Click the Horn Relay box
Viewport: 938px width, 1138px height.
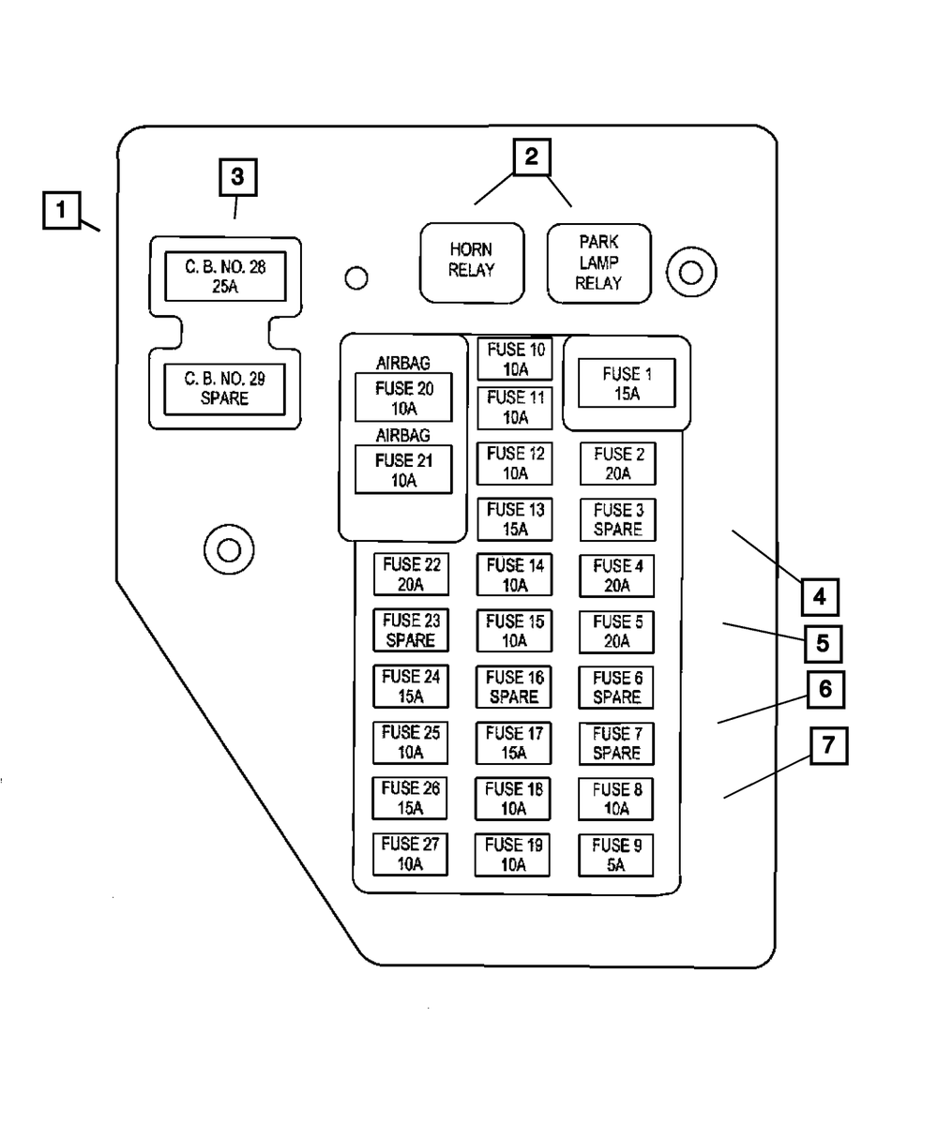pos(471,262)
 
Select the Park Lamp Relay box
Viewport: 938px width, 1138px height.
pos(598,263)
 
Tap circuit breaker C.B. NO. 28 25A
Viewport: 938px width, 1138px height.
pos(225,277)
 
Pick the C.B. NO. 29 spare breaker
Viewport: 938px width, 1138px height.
pos(225,389)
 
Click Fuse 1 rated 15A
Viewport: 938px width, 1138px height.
pos(627,384)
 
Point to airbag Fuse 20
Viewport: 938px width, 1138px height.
pos(403,398)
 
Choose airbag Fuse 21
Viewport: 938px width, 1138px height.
pos(403,471)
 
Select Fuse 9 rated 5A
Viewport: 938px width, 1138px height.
pos(615,855)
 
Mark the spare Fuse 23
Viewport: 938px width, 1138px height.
pos(411,631)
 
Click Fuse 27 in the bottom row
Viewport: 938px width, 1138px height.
pos(410,854)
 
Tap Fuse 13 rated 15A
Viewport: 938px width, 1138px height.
pos(514,519)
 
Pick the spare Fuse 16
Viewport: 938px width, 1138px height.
pos(513,687)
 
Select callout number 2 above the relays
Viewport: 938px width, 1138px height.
pos(531,157)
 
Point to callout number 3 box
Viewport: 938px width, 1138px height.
pos(237,176)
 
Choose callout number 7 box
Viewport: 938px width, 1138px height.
pos(828,747)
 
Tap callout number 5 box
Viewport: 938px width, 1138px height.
pos(823,644)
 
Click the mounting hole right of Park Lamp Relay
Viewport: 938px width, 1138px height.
pos(691,273)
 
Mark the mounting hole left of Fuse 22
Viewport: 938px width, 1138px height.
pos(229,548)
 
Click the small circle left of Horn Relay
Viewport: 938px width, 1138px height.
pos(356,278)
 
